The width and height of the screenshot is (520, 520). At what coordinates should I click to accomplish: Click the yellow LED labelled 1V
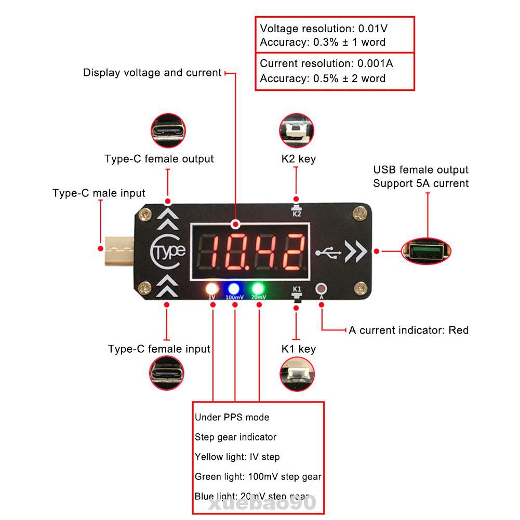[x=212, y=289]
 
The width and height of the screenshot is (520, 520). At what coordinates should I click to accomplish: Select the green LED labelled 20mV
[x=258, y=289]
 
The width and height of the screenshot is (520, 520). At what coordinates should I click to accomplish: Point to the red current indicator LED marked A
[x=322, y=288]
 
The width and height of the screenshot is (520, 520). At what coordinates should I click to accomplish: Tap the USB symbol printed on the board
[x=328, y=252]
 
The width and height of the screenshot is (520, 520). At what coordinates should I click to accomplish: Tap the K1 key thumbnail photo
[x=296, y=374]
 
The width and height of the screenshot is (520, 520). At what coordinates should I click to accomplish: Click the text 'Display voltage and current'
[x=152, y=73]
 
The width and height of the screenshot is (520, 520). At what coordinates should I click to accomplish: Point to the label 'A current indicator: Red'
[x=408, y=330]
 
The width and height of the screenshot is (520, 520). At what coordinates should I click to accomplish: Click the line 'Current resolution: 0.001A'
[x=326, y=63]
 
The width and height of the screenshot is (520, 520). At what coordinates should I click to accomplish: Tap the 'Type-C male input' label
[x=99, y=193]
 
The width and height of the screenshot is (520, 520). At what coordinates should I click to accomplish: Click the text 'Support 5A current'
[x=421, y=183]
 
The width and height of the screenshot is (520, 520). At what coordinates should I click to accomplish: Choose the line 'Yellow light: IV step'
[x=237, y=457]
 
